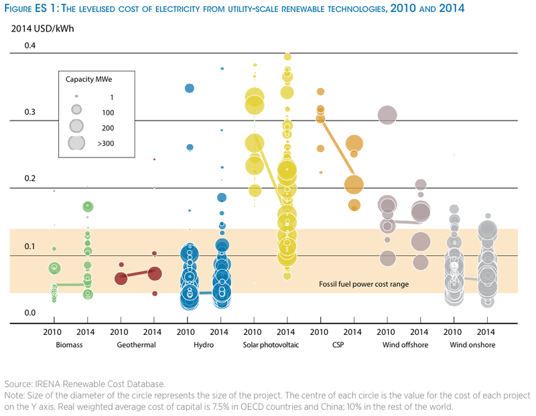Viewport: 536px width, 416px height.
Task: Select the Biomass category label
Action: (x=70, y=346)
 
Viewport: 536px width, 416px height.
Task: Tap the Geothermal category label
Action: (x=137, y=346)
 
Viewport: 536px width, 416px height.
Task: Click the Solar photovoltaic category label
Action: (x=271, y=346)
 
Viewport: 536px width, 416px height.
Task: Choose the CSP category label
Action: (x=336, y=346)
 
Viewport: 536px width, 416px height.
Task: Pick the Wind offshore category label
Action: (x=403, y=346)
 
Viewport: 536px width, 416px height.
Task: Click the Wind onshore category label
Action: (x=471, y=346)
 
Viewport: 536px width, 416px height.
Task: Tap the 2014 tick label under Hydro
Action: (x=221, y=332)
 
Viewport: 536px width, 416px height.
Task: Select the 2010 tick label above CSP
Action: (x=320, y=332)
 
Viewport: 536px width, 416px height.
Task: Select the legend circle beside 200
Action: (x=77, y=125)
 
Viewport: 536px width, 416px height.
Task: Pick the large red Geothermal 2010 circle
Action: (x=121, y=278)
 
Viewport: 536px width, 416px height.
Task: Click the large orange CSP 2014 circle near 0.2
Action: (x=354, y=184)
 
